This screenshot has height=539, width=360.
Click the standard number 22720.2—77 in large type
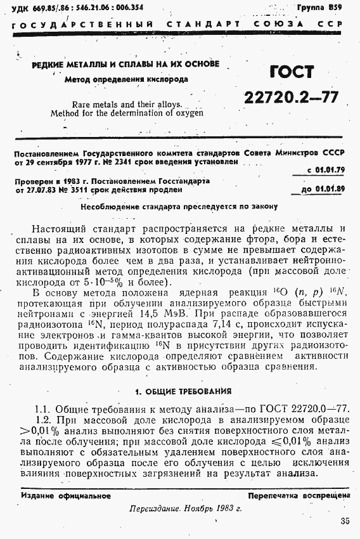[291, 96]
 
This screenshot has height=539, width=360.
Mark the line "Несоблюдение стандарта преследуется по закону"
[179, 206]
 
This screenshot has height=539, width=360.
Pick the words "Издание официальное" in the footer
[65, 495]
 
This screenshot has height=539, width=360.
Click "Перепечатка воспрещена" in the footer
[299, 495]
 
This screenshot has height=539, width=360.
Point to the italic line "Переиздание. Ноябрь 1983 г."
[181, 509]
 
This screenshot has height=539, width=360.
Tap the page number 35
[344, 521]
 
